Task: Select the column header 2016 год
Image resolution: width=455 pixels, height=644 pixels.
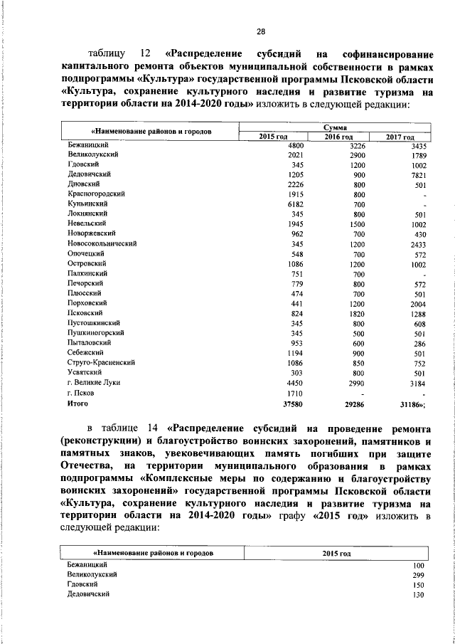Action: coord(338,136)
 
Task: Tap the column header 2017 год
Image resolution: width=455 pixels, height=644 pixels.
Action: coord(400,136)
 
